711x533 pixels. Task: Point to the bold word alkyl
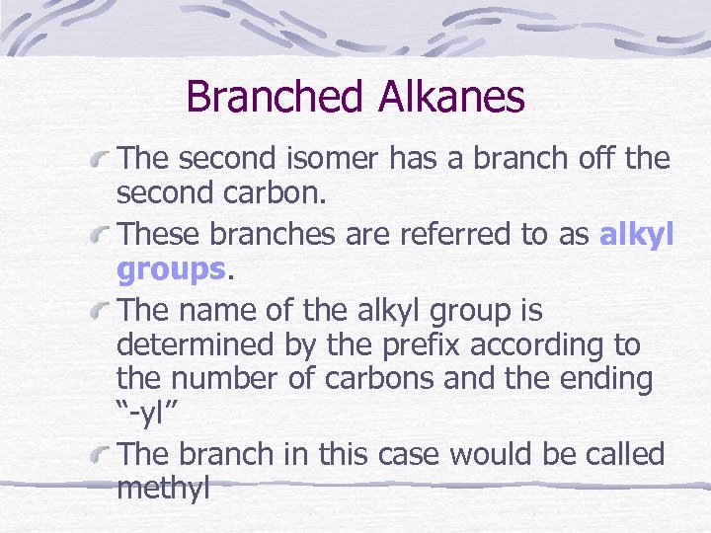(x=636, y=234)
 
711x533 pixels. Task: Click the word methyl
(x=163, y=489)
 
